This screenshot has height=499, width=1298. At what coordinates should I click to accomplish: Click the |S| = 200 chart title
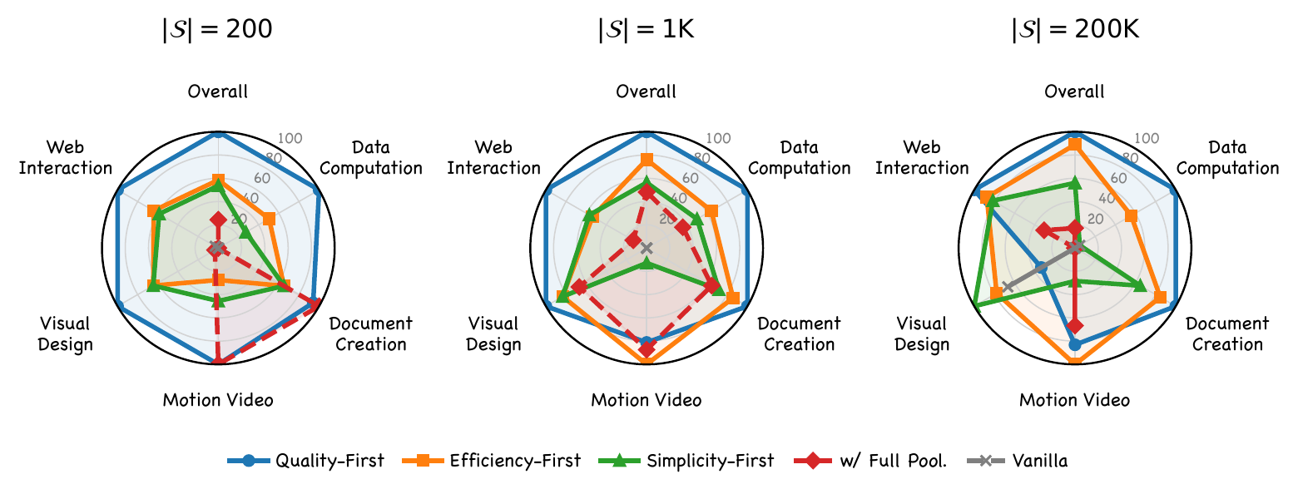[217, 30]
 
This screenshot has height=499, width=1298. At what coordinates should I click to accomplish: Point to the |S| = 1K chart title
[646, 30]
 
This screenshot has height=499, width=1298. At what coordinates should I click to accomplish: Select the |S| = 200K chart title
[1074, 30]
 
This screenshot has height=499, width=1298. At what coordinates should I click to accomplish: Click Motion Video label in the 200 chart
[218, 400]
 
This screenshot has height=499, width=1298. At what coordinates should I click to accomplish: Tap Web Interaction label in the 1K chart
[493, 158]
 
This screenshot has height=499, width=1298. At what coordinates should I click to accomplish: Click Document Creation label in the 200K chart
[1227, 333]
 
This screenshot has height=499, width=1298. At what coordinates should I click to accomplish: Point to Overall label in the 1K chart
[646, 91]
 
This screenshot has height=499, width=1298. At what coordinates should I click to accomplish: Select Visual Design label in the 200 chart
[65, 333]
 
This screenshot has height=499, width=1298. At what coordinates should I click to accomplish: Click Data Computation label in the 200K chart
[1227, 158]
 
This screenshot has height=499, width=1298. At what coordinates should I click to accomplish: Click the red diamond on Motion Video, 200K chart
[1075, 325]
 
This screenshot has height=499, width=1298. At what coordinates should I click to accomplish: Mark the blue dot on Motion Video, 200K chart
[1075, 344]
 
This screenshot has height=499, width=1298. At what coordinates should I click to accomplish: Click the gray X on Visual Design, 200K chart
[1008, 287]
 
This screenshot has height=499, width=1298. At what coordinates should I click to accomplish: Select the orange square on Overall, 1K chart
[647, 159]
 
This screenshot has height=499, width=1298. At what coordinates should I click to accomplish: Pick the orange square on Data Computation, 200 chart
[269, 220]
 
